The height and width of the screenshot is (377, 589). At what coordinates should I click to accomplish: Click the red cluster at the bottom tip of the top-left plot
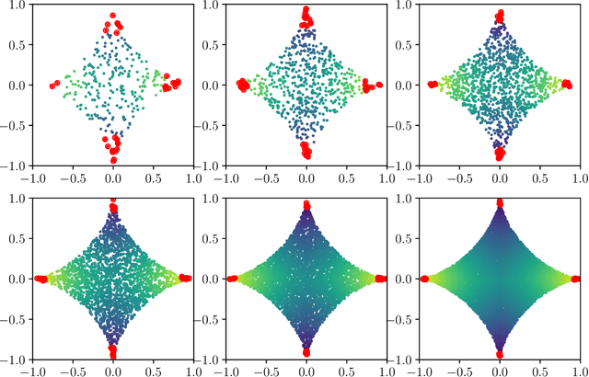click(x=113, y=147)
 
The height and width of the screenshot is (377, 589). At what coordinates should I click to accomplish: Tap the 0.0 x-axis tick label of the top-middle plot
click(x=306, y=175)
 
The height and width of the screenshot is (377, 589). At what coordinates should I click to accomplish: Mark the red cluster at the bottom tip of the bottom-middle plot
click(x=306, y=349)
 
